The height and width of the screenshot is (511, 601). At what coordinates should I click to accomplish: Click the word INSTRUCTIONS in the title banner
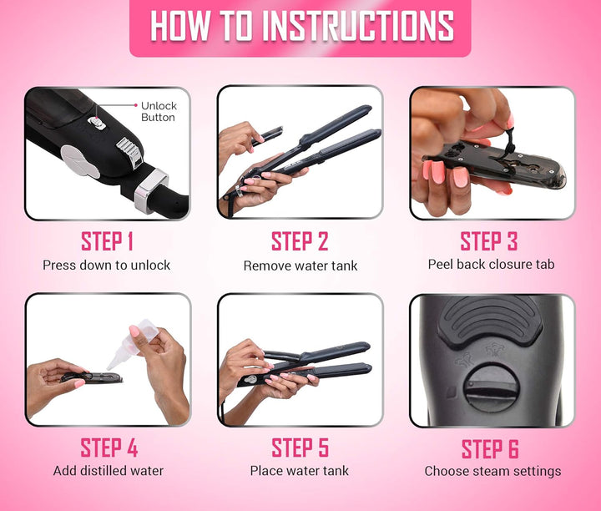pyautogui.click(x=358, y=26)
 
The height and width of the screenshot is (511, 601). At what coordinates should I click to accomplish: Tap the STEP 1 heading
pyautogui.click(x=107, y=241)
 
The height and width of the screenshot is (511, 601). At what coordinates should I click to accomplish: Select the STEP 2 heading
pyautogui.click(x=300, y=241)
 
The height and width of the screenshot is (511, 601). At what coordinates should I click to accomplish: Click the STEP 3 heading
pyautogui.click(x=489, y=241)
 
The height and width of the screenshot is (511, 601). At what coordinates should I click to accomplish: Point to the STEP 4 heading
pyautogui.click(x=109, y=448)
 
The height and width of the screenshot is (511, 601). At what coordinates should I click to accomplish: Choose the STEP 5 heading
pyautogui.click(x=300, y=448)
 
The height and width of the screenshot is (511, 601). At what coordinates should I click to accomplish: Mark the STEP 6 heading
pyautogui.click(x=490, y=449)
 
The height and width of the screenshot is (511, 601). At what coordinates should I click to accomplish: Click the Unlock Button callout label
pyautogui.click(x=159, y=111)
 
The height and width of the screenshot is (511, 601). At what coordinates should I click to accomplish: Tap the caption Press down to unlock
pyautogui.click(x=107, y=266)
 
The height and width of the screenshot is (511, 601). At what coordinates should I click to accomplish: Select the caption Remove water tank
pyautogui.click(x=300, y=266)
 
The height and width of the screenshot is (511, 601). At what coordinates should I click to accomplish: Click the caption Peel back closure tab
pyautogui.click(x=491, y=264)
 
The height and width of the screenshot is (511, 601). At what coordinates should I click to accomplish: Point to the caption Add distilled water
pyautogui.click(x=109, y=471)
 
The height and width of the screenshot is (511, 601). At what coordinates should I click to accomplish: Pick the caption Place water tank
pyautogui.click(x=300, y=471)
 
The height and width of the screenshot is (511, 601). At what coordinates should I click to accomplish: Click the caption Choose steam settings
pyautogui.click(x=492, y=471)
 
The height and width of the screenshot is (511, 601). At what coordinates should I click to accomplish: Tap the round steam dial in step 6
pyautogui.click(x=492, y=389)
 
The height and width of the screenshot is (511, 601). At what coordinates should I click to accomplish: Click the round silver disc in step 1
pyautogui.click(x=80, y=161)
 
